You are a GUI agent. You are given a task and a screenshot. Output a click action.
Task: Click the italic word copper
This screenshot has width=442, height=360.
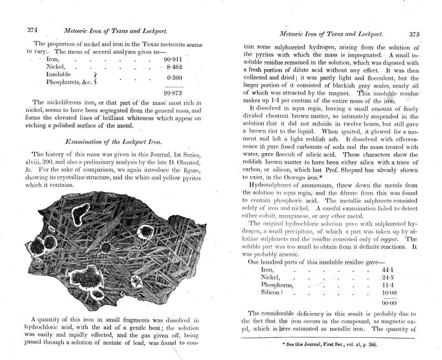392,240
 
